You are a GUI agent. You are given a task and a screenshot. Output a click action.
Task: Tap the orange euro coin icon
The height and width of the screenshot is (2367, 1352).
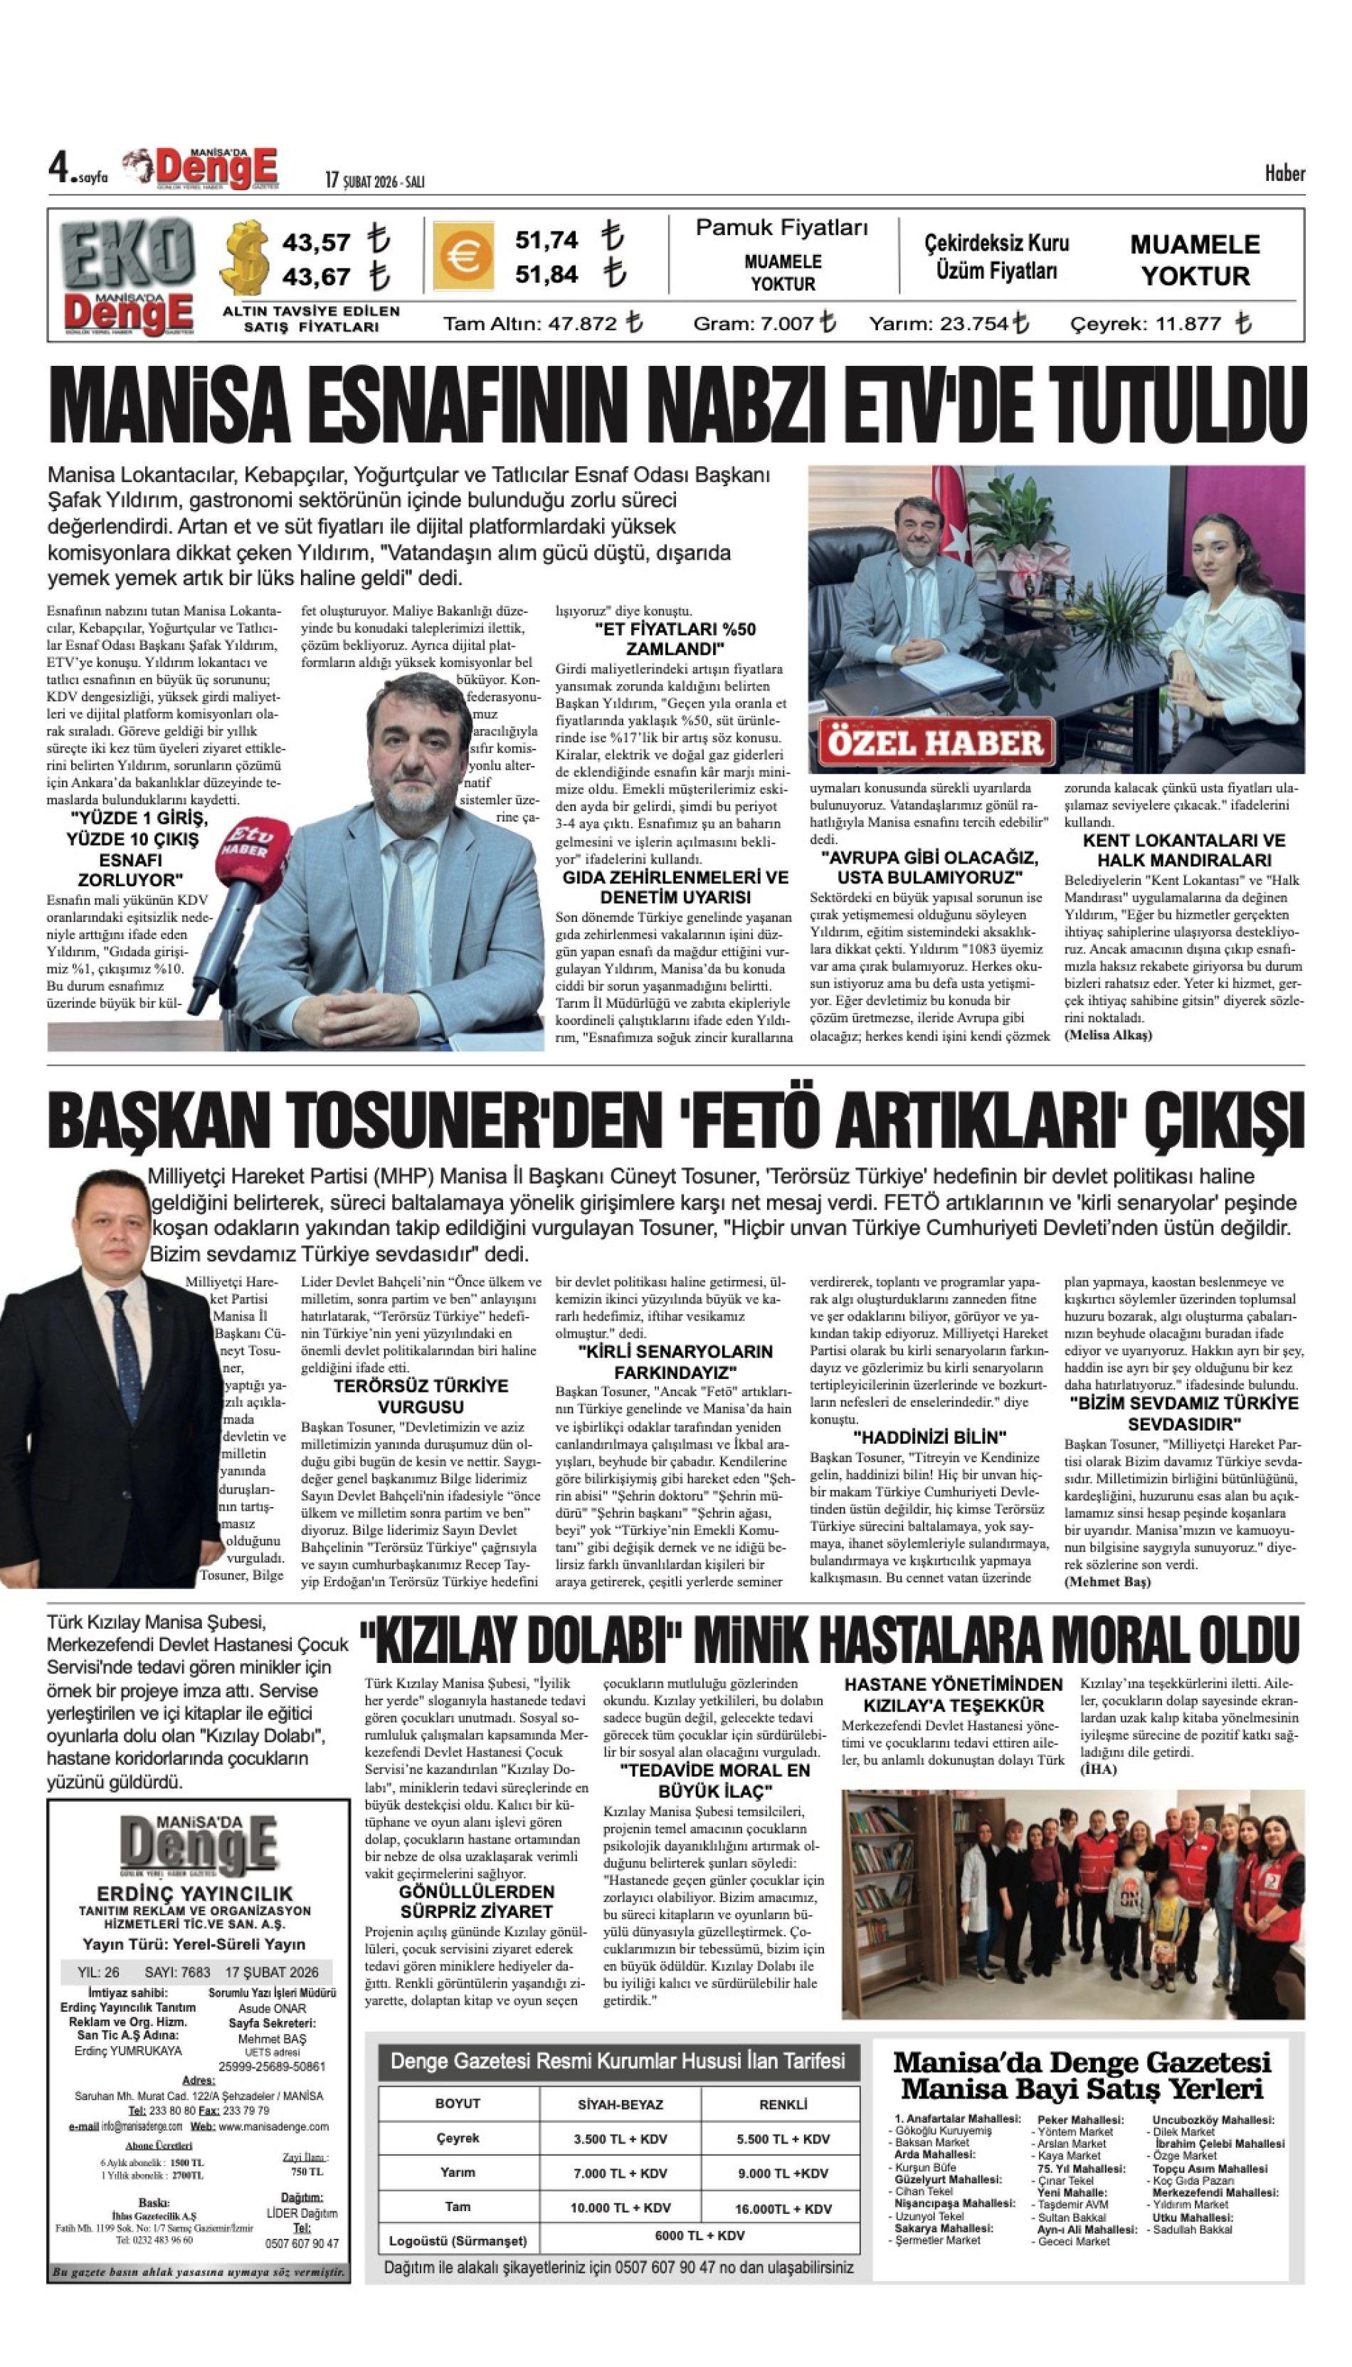click(x=462, y=256)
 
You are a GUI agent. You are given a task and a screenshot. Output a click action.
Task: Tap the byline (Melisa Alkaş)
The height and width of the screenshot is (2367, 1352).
click(x=1108, y=1035)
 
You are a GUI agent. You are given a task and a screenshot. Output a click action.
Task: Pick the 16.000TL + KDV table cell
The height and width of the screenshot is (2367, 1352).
click(x=783, y=2209)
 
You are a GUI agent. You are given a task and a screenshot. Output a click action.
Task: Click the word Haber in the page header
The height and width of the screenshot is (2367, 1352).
click(x=1284, y=174)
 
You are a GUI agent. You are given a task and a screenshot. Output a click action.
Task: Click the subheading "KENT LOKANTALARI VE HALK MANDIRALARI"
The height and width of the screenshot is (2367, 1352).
click(x=1184, y=850)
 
